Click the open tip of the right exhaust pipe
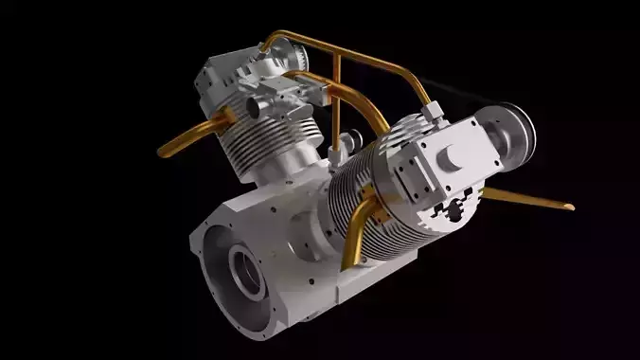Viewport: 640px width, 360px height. click(x=568, y=206)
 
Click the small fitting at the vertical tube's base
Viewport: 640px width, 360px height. click(x=334, y=149)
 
